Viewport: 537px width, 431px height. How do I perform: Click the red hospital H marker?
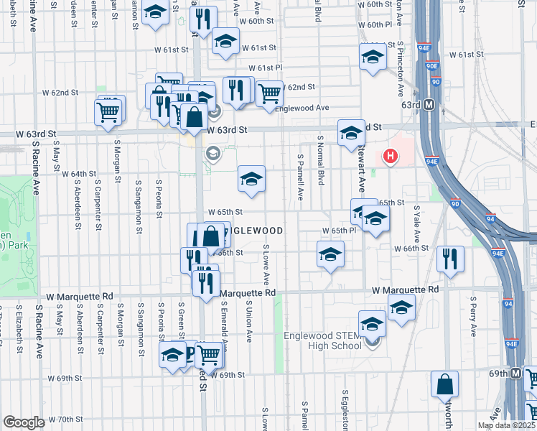pos(391,155)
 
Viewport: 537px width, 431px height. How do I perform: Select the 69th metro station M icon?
pos(516,374)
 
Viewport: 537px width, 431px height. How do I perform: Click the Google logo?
pos(24,422)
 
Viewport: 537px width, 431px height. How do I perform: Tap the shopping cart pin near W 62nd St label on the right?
pos(268,93)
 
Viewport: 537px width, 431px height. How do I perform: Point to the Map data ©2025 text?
pos(505,425)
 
